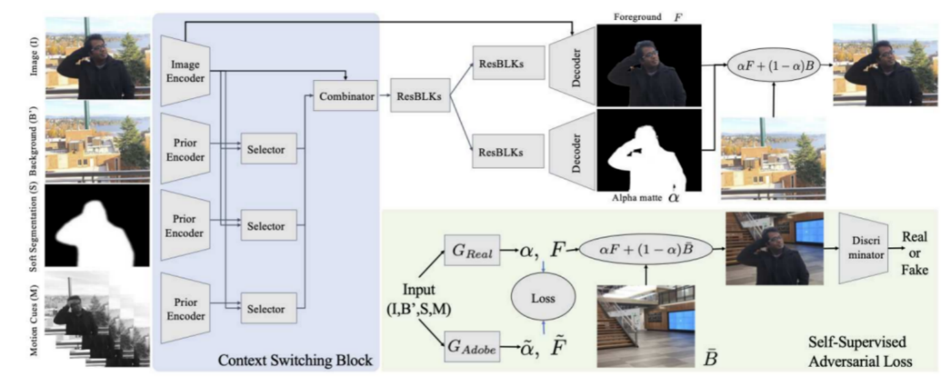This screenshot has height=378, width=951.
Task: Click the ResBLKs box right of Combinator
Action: pyautogui.click(x=419, y=98)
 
